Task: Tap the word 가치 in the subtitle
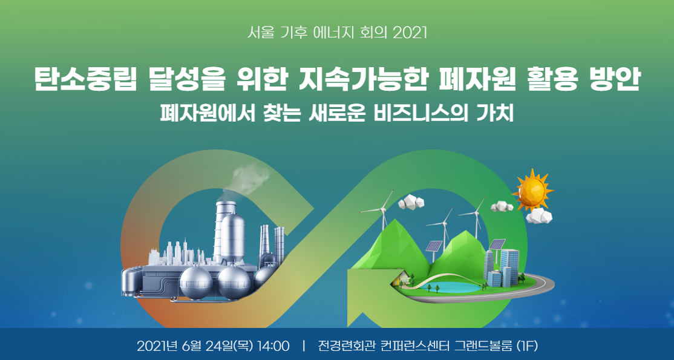[497, 113]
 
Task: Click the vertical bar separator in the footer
[304, 346]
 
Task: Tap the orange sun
[531, 189]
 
